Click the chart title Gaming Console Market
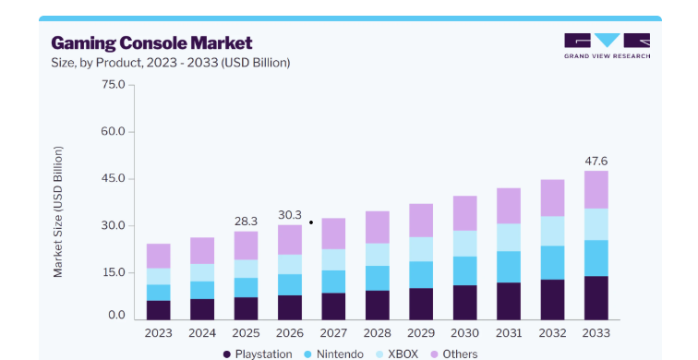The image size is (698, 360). coord(151,43)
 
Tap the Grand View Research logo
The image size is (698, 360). coord(608,46)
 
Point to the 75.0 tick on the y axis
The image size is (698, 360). coord(114,85)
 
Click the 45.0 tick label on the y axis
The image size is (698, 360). coord(114,178)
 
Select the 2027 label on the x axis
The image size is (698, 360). coord(333,333)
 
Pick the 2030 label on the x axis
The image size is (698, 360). coord(465,333)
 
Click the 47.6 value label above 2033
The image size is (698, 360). coord(596,162)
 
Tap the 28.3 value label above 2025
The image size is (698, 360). coord(246,222)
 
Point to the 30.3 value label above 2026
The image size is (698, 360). coord(290,215)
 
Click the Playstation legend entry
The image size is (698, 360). coord(258,354)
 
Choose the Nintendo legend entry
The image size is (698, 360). coord(334,354)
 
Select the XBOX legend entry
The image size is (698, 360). coord(397,354)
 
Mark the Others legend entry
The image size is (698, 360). coord(453,354)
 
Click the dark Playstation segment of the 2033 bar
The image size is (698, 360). coord(596,298)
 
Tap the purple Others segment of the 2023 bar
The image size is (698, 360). coord(159,256)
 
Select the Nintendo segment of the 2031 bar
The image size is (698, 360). coord(509,267)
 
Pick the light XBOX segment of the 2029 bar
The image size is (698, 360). coord(421,249)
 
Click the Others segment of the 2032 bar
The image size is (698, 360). coord(552,198)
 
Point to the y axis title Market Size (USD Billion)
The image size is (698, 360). coord(58,211)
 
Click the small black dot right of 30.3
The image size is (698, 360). coord(311,222)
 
